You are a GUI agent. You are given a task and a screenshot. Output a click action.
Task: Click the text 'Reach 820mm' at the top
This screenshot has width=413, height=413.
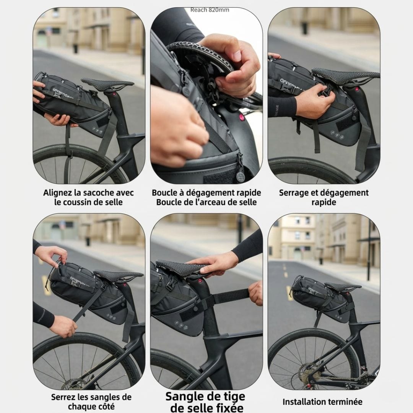pyautogui.click(x=210, y=10)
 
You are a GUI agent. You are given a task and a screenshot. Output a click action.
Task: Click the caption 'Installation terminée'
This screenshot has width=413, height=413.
pyautogui.click(x=322, y=402)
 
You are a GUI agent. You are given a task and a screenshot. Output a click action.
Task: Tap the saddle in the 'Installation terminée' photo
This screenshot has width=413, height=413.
pyautogui.click(x=342, y=286)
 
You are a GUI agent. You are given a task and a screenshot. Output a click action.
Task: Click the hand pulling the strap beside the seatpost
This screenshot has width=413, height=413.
pyautogui.click(x=256, y=293)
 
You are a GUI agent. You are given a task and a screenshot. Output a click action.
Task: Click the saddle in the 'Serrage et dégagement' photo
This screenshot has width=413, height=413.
pyautogui.click(x=344, y=73)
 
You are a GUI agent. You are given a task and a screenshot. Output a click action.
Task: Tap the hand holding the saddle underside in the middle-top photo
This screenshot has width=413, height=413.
pyautogui.click(x=229, y=61)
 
